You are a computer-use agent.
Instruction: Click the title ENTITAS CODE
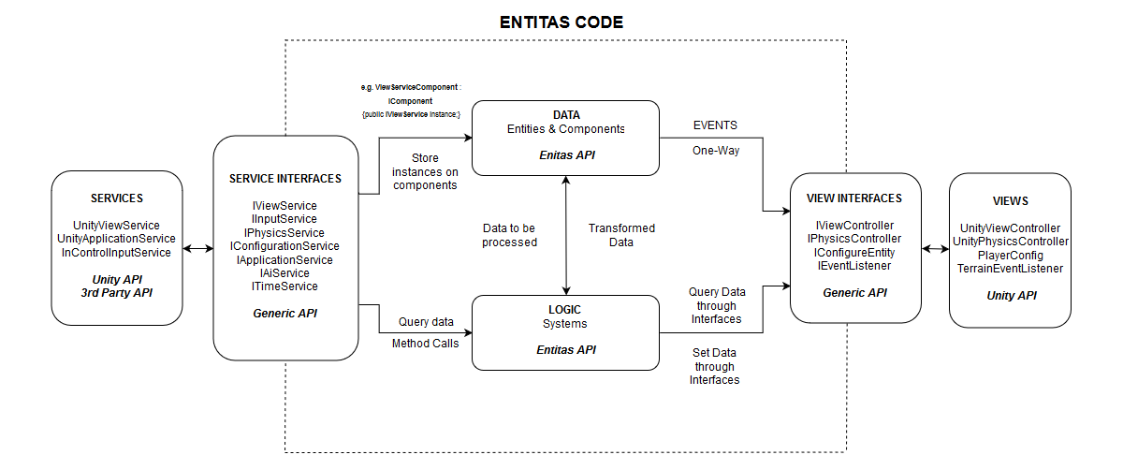tap(561, 22)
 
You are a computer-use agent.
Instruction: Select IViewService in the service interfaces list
tap(285, 206)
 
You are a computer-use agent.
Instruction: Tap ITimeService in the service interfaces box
tap(285, 286)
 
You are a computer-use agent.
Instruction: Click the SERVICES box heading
tap(116, 198)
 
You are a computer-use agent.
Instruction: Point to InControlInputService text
tap(116, 252)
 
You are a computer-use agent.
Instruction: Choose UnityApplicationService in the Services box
tap(116, 239)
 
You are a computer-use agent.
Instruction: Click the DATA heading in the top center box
tap(566, 114)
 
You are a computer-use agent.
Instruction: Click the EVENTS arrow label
tap(714, 125)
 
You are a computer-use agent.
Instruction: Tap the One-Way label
tap(716, 150)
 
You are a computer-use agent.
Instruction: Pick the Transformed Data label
tap(621, 235)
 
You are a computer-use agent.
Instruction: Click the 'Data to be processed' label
tap(510, 235)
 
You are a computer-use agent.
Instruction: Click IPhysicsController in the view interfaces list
tap(853, 239)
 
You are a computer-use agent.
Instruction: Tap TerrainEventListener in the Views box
tap(1009, 268)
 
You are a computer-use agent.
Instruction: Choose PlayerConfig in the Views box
tap(1009, 255)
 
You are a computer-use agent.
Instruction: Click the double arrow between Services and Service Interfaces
tap(197, 249)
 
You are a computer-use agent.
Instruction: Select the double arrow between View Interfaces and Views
tap(935, 250)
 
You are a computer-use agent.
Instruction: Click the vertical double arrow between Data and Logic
tap(566, 235)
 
